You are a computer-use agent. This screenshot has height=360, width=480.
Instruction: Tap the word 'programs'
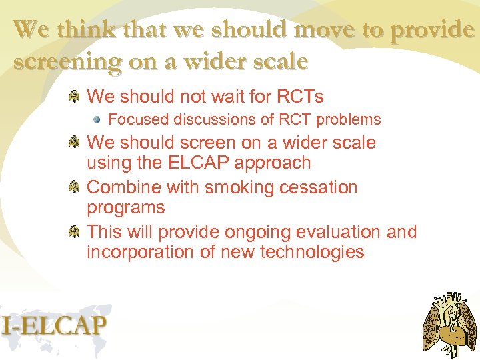click(x=126, y=208)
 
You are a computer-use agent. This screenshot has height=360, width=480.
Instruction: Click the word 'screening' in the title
click(x=64, y=61)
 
